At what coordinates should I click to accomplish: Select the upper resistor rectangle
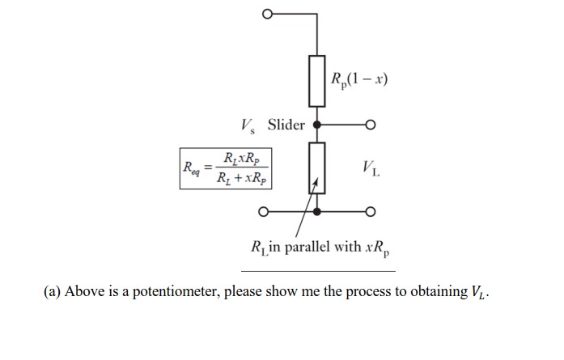point(317,81)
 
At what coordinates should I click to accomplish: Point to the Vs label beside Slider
point(248,125)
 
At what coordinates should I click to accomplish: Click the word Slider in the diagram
point(286,125)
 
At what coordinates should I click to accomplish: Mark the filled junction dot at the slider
point(317,125)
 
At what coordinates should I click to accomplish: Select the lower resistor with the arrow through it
point(317,167)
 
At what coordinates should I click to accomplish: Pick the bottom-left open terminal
point(264,212)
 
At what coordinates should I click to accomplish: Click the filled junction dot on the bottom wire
point(317,212)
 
